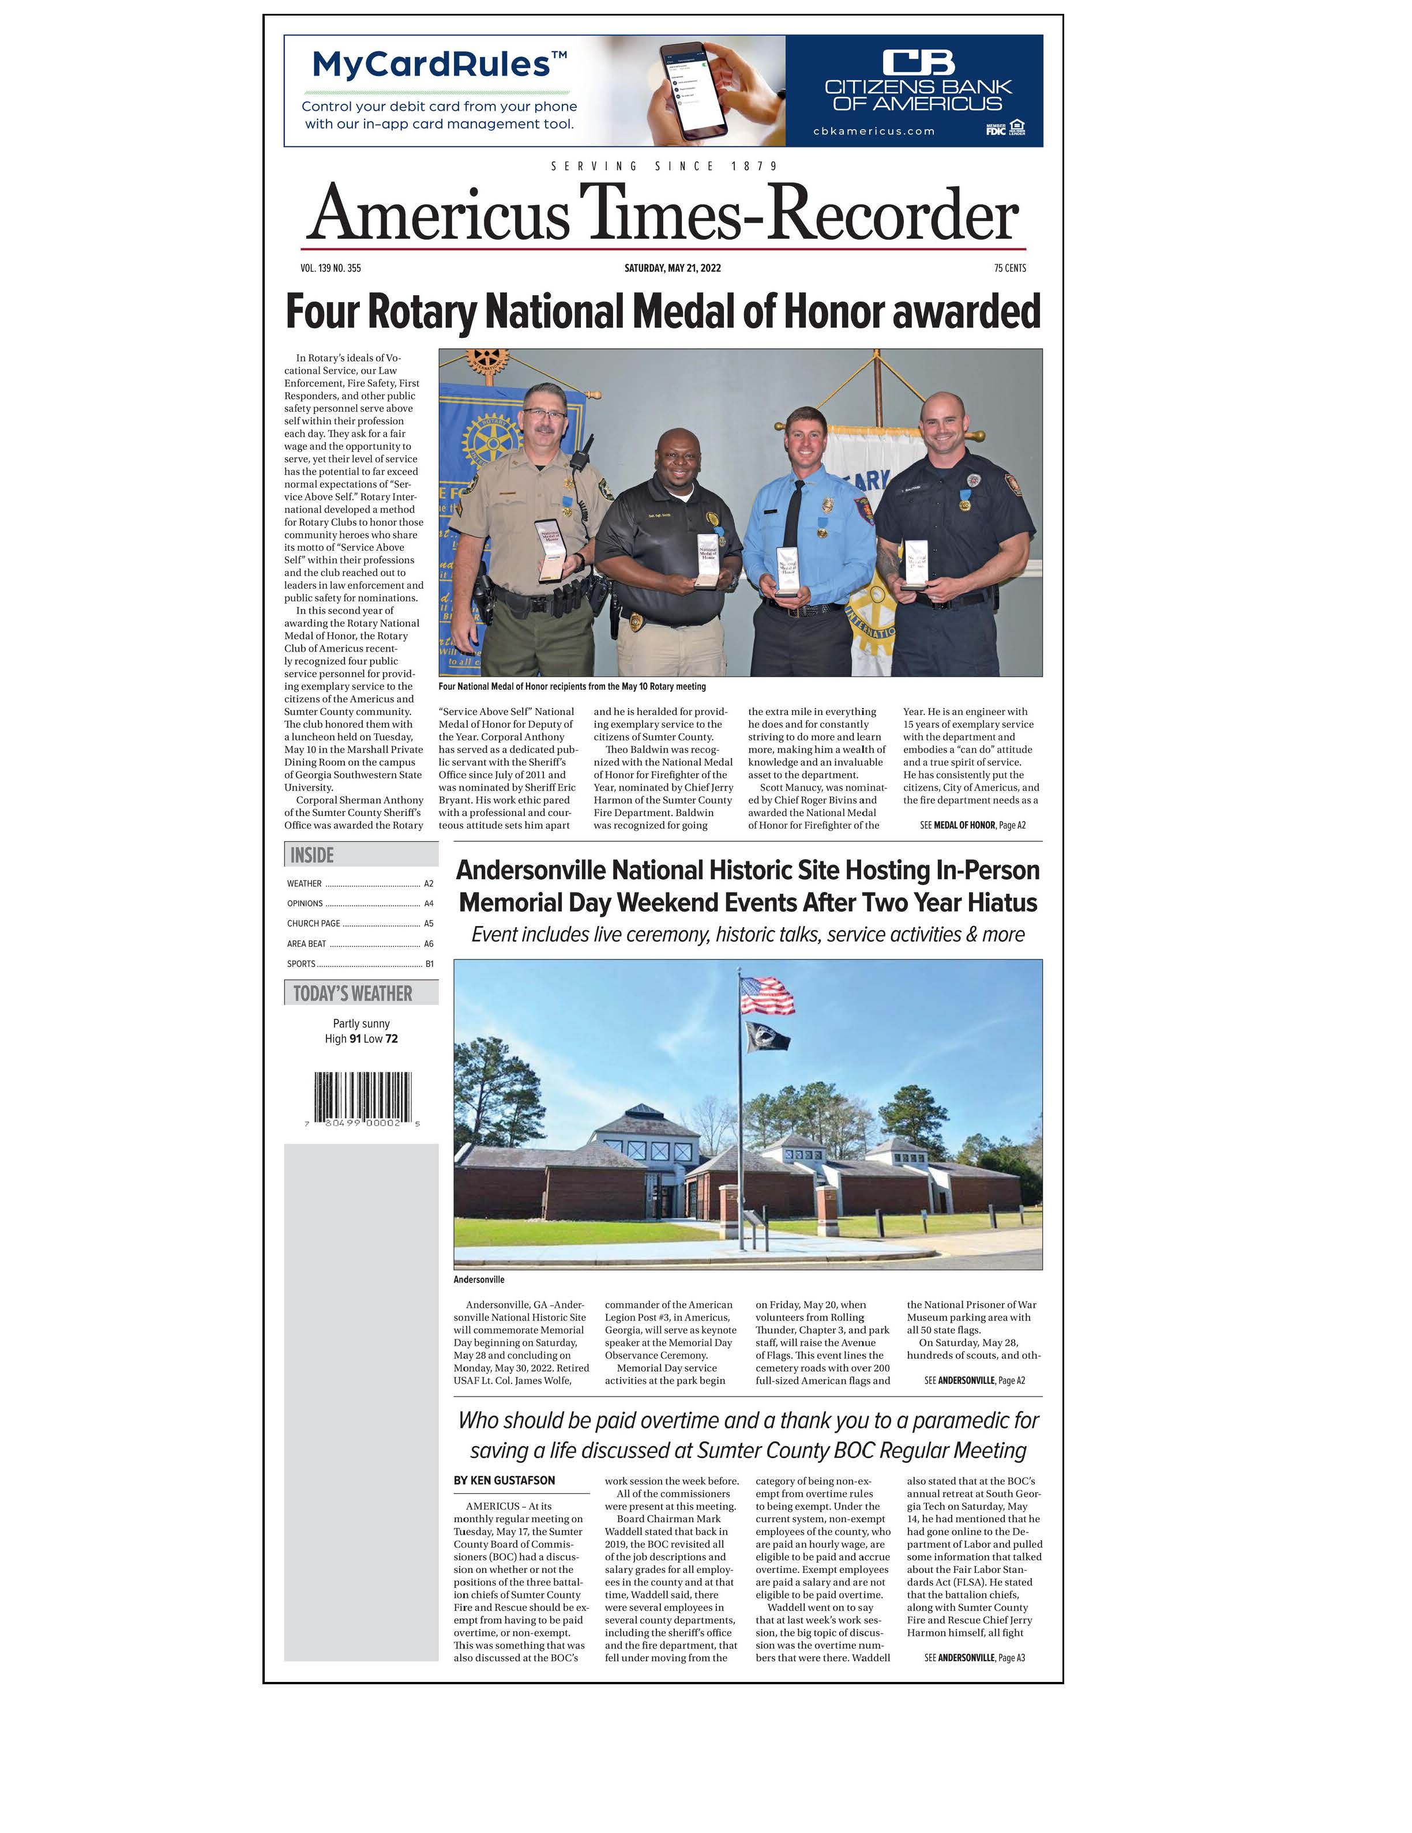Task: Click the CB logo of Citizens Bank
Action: [918, 62]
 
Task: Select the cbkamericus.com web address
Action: [873, 131]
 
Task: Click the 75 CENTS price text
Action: [1009, 269]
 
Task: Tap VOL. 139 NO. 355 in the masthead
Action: [331, 269]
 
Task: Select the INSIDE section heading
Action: [312, 855]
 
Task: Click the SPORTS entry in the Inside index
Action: [301, 963]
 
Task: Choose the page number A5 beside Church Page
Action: [428, 923]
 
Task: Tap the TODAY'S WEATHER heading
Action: [352, 993]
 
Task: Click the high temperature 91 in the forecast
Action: [355, 1039]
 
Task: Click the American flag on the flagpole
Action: [767, 995]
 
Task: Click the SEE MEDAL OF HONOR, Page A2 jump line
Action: [972, 825]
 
